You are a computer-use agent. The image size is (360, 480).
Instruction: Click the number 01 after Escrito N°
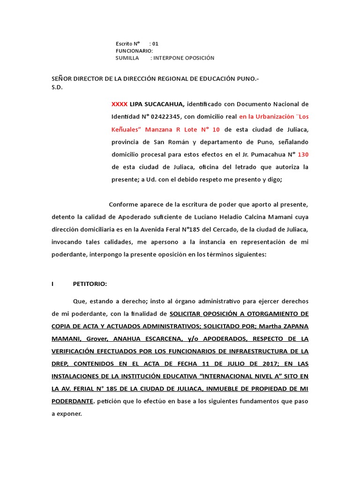click(155, 44)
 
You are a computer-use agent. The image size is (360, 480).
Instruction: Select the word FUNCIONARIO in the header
click(134, 51)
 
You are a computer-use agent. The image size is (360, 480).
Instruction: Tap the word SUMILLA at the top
click(127, 58)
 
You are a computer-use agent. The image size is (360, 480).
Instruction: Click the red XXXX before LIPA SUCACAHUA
click(119, 104)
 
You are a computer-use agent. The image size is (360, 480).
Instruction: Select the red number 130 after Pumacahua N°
click(303, 154)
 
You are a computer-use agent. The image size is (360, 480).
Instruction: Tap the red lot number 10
click(216, 129)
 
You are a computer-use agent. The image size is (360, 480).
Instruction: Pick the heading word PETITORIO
click(90, 284)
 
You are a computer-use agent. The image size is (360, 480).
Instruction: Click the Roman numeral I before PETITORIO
click(53, 284)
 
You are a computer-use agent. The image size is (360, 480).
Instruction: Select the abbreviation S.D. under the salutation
click(57, 87)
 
